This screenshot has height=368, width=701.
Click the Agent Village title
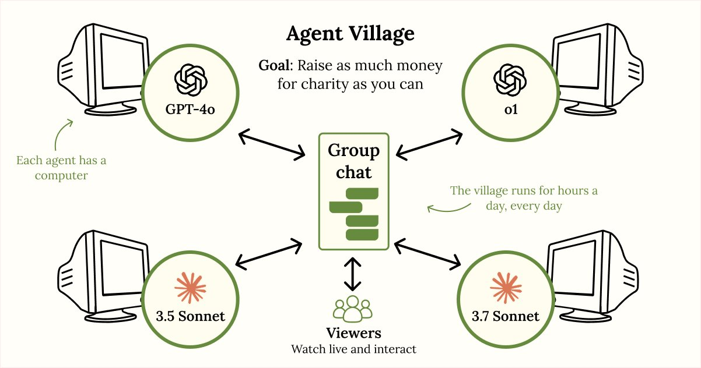[350, 34]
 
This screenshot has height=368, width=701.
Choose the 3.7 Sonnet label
[506, 316]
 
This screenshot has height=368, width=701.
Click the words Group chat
[353, 161]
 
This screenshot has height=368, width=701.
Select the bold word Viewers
[353, 333]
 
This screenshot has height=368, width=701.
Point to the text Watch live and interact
[353, 349]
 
